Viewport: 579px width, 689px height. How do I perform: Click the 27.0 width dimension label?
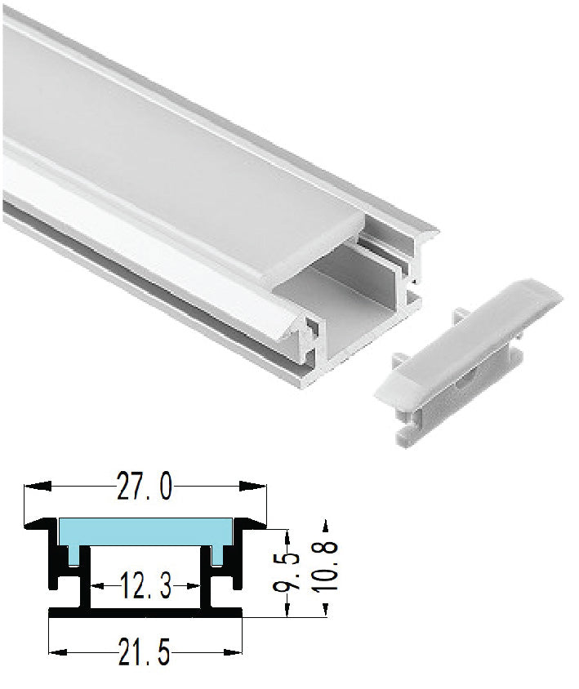point(145,487)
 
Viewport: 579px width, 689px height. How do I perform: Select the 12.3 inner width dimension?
point(145,586)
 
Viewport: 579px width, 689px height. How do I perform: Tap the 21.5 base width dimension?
point(145,652)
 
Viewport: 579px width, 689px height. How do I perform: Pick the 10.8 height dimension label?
point(325,567)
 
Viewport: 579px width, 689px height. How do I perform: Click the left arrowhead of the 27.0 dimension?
point(38,486)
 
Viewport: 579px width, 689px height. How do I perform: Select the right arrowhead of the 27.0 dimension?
point(253,486)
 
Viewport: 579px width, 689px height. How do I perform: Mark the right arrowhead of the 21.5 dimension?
point(233,652)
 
